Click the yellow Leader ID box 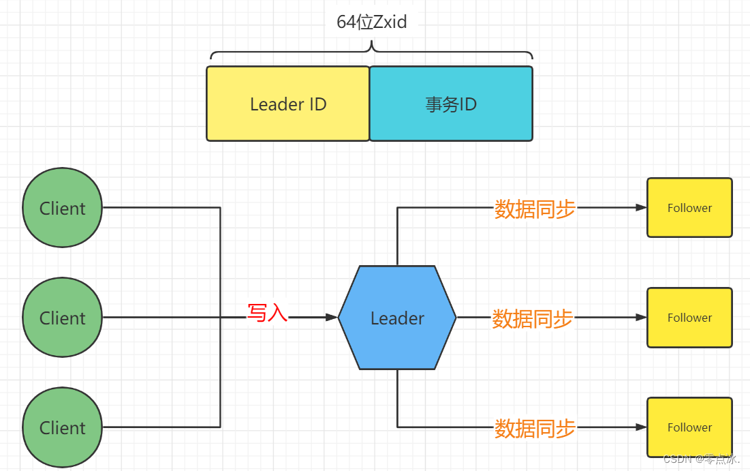pyautogui.click(x=287, y=104)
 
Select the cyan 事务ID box pyautogui.click(x=451, y=104)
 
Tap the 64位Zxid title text pyautogui.click(x=372, y=22)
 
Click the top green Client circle pyautogui.click(x=62, y=207)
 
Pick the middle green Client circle pyautogui.click(x=62, y=317)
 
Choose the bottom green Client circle pyautogui.click(x=62, y=427)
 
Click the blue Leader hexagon pyautogui.click(x=397, y=318)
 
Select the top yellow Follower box pyautogui.click(x=689, y=207)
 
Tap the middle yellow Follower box pyautogui.click(x=689, y=317)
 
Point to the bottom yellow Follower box pyautogui.click(x=689, y=427)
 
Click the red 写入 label pyautogui.click(x=267, y=314)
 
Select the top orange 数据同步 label pyautogui.click(x=535, y=209)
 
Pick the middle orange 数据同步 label pyautogui.click(x=533, y=318)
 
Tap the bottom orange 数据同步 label pyautogui.click(x=535, y=428)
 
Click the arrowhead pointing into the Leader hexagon pyautogui.click(x=332, y=317)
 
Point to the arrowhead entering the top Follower pyautogui.click(x=640, y=207)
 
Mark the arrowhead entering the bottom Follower pyautogui.click(x=640, y=427)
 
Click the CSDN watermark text pyautogui.click(x=702, y=459)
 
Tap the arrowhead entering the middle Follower pyautogui.click(x=640, y=317)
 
